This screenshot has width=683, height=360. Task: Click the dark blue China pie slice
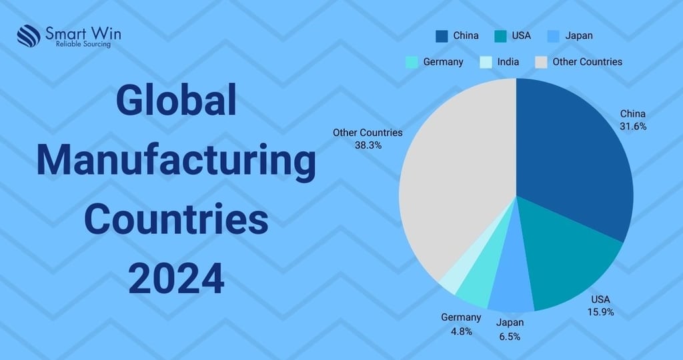click(x=574, y=153)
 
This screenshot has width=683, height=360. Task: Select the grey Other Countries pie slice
click(x=454, y=180)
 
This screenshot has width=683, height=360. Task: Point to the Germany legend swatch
click(x=412, y=61)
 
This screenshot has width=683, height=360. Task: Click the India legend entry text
click(x=508, y=61)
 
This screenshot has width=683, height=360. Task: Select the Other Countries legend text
click(x=587, y=61)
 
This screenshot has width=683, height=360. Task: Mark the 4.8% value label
click(x=460, y=331)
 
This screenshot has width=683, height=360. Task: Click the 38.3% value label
click(x=368, y=145)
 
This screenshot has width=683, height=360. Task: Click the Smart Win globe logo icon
click(x=29, y=36)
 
